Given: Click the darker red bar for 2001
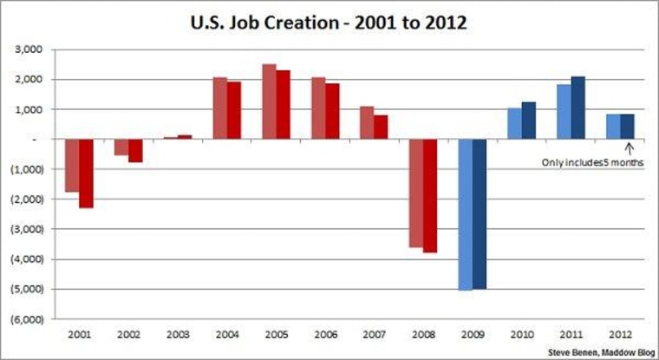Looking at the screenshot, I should tap(86, 173).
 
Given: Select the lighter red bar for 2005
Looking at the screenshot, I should tap(269, 101).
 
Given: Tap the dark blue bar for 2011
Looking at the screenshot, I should tap(578, 108).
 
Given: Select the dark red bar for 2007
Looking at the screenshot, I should tap(381, 128).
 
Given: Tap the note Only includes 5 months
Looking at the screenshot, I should tap(592, 162).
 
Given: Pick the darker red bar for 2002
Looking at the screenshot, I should tap(135, 150).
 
